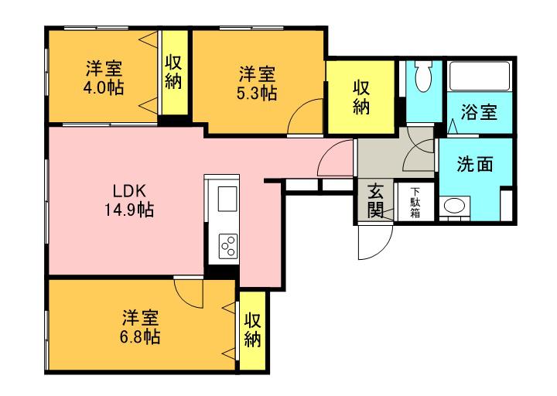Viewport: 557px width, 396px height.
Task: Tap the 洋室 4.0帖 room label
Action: pos(103,77)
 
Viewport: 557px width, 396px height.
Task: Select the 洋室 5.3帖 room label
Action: pos(257,83)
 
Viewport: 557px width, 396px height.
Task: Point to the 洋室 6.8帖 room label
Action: pos(140,327)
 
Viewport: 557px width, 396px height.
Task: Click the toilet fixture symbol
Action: pos(422,77)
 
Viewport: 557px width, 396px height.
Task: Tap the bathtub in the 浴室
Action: pos(479,77)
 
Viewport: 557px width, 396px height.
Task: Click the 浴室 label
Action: pos(478,113)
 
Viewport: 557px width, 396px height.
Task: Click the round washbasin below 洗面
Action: pos(454,206)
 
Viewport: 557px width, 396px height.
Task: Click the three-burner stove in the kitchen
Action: pos(229,247)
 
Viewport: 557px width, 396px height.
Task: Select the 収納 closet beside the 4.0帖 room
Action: pos(173,73)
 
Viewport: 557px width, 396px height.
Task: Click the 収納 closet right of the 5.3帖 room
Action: pos(361,97)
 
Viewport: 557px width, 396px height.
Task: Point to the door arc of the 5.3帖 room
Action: pos(303,118)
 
